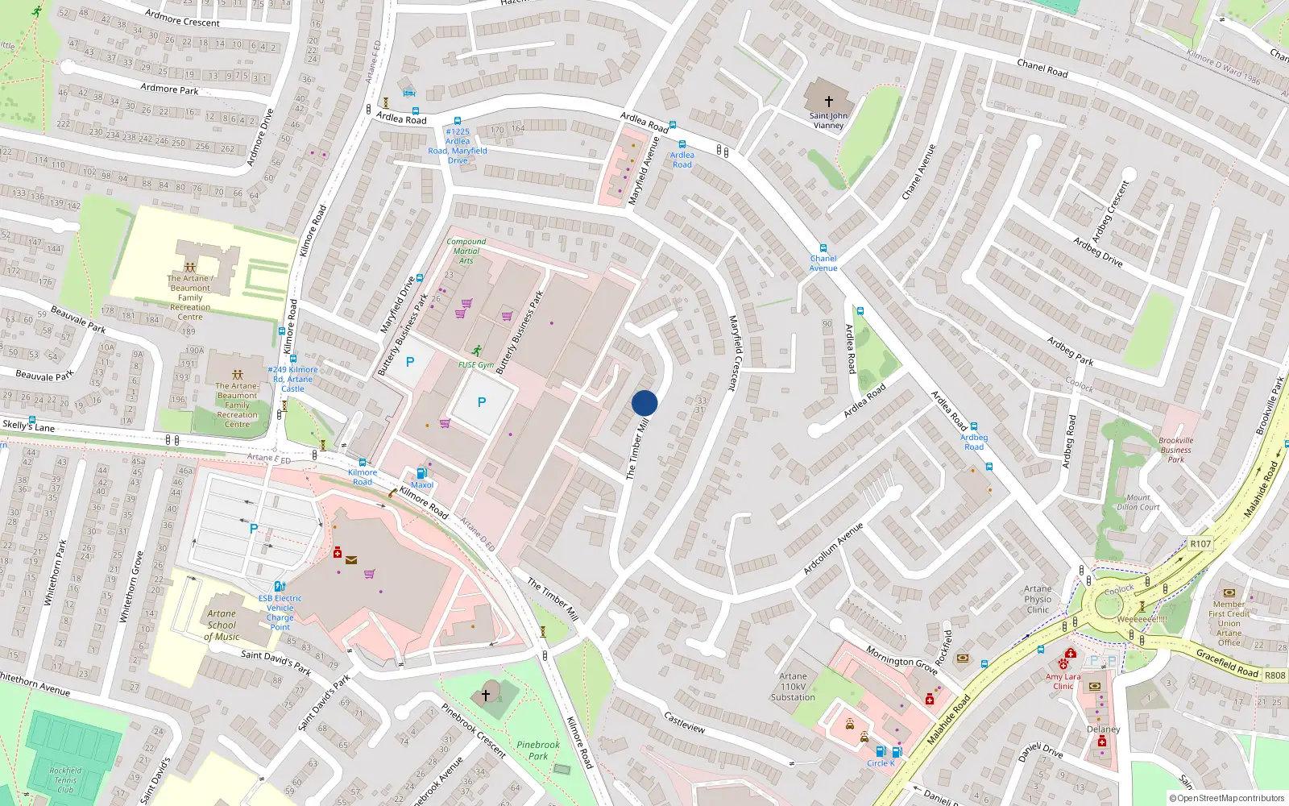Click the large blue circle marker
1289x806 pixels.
[x=644, y=403]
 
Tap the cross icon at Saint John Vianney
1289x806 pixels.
[x=828, y=102]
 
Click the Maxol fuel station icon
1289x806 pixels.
[x=421, y=474]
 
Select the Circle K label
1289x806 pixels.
[x=880, y=763]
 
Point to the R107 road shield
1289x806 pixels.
[x=1200, y=543]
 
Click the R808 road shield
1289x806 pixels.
[x=1274, y=675]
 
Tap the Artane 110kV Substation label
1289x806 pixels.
[x=793, y=687]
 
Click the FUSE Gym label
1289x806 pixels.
[x=476, y=364]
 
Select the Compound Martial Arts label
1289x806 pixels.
[x=466, y=251]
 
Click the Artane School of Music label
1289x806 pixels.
[x=222, y=625]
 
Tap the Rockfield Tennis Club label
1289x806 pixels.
[x=65, y=779]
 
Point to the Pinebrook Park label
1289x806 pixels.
[x=537, y=750]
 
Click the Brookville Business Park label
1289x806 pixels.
[x=1176, y=450]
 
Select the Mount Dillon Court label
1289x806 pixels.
[x=1138, y=502]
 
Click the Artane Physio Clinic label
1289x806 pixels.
[x=1038, y=599]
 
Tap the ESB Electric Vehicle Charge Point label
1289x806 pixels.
[x=280, y=613]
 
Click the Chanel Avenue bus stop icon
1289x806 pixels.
[x=823, y=249]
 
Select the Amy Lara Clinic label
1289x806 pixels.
[x=1063, y=681]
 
